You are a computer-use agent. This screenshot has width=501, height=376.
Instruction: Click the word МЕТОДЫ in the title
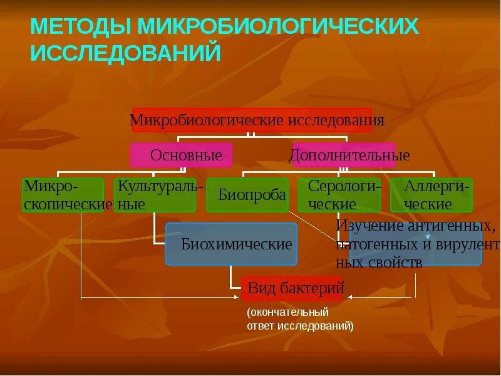coord(80,27)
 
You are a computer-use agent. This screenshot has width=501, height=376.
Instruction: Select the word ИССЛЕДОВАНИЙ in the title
coord(125,53)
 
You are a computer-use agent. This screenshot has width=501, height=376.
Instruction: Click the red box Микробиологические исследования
coord(252,119)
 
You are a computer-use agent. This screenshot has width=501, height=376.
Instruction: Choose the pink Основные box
coord(181,155)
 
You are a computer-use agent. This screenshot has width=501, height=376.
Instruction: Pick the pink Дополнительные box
coord(344,155)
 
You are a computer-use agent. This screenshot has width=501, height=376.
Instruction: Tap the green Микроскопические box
coord(63,195)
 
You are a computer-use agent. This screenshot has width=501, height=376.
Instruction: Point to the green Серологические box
coord(339,195)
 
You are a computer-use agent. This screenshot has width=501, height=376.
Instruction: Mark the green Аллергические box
coord(431,195)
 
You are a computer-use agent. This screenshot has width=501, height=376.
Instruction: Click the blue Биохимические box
coord(231,244)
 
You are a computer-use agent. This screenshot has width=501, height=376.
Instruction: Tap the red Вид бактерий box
coord(291,288)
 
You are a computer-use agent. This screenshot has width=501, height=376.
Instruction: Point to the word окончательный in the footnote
coord(287,311)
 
